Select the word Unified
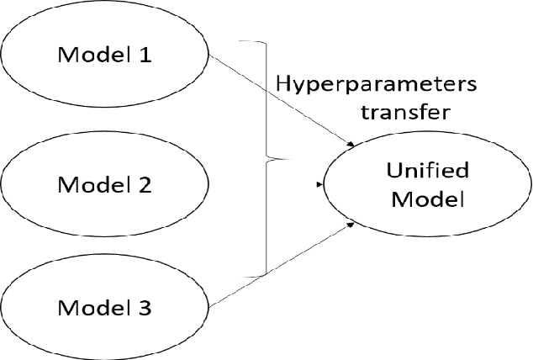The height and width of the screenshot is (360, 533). tap(422, 172)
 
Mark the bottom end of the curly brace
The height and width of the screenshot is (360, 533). tap(241, 275)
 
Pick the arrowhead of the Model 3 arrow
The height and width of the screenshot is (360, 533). tap(350, 225)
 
